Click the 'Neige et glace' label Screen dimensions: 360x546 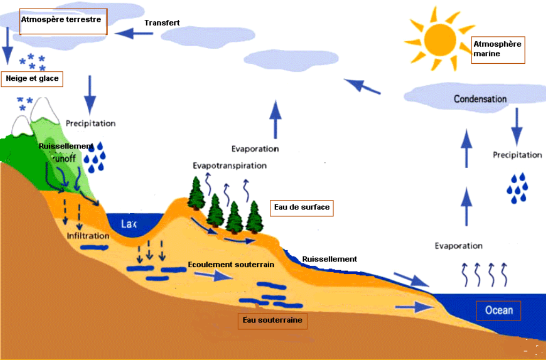pos(32,79)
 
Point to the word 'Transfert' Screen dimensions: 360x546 pos(162,22)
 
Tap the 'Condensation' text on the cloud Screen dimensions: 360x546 pos(480,99)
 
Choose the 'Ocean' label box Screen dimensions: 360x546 pos(498,310)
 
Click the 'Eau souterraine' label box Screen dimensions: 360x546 pos(272,320)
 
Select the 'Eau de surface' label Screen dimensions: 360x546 pos(301,207)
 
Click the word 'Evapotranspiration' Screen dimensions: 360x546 pos(230,166)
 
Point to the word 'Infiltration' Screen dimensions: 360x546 pos(88,236)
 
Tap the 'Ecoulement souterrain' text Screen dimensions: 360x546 pos(231,265)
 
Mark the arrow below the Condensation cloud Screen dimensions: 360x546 pos(517,126)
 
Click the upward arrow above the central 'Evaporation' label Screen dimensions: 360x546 pos(276,119)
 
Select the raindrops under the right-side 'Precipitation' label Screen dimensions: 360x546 pos(517,187)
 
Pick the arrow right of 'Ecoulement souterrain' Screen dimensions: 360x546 pos(213,276)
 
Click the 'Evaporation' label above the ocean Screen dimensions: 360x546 pos(458,246)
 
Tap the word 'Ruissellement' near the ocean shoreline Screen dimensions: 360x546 pos(329,259)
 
